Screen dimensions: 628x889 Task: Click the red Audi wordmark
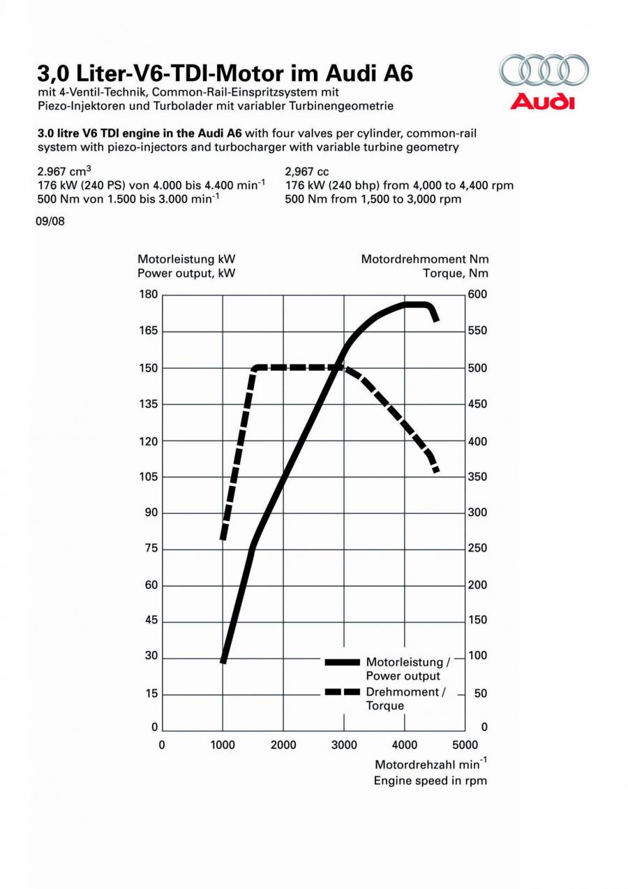[542, 101]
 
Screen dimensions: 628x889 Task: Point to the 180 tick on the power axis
[148, 295]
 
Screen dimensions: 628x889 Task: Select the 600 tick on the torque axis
[477, 295]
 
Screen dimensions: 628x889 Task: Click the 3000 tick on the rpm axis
[344, 745]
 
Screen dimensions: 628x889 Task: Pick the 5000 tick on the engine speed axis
[465, 745]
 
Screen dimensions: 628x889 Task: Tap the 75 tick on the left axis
[151, 548]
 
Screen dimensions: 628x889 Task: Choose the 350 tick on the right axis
[477, 477]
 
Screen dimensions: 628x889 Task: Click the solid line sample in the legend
[342, 662]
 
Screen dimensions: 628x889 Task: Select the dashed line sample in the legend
[342, 692]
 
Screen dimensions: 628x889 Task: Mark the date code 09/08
[50, 221]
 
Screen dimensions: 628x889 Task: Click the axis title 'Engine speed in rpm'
[430, 781]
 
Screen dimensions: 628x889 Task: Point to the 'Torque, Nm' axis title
[456, 274]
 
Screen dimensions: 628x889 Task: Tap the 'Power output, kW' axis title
[186, 274]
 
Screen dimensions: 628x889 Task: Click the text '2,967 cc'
[307, 172]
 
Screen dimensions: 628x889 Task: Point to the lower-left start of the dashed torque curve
[223, 539]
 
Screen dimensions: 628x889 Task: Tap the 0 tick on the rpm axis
[162, 745]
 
